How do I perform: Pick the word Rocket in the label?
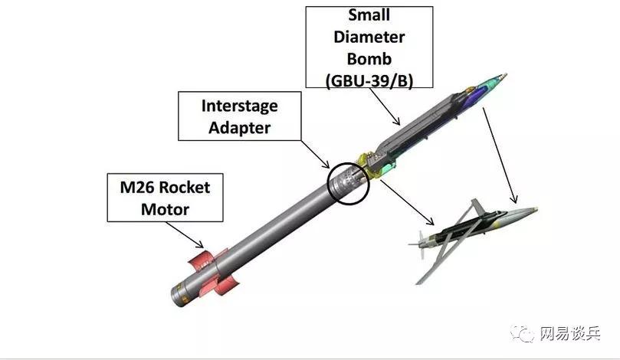point(181,186)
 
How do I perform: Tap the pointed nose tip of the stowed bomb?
point(502,76)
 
